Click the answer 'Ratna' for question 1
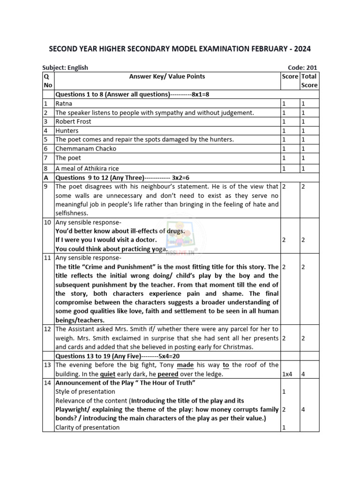[x=64, y=104]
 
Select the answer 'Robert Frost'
[x=73, y=121]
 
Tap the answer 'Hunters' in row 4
[x=67, y=131]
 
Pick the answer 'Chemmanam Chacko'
[x=86, y=149]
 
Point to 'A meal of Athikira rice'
[x=87, y=168]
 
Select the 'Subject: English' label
[x=65, y=67]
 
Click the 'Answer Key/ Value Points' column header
[x=167, y=76]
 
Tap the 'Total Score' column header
[x=309, y=81]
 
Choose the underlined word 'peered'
[x=167, y=374]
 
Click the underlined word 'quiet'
[x=107, y=374]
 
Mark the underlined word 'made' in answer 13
[x=185, y=365]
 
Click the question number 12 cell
[x=47, y=330]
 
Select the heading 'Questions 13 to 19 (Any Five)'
[x=119, y=356]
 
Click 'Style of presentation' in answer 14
[x=85, y=391]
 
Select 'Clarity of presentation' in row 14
[x=88, y=427]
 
